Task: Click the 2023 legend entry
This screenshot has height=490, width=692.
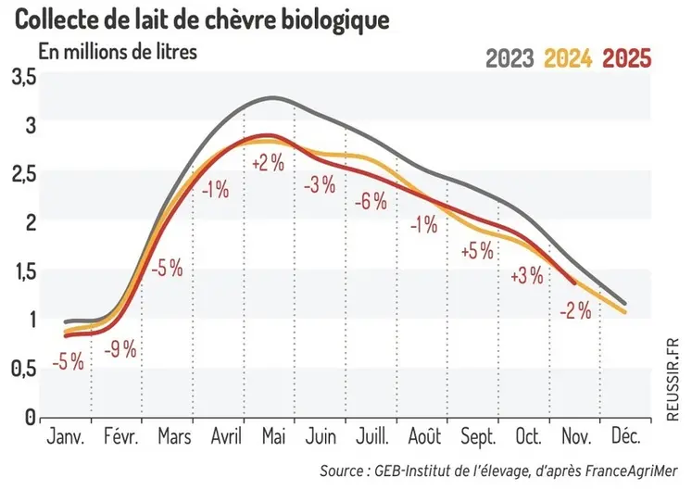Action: [x=510, y=58]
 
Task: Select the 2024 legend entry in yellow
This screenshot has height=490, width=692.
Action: [x=568, y=58]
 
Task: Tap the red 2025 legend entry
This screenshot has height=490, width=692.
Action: [x=627, y=58]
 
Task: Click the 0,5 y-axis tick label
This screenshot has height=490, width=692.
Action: [x=23, y=368]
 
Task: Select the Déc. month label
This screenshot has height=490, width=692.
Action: [x=629, y=437]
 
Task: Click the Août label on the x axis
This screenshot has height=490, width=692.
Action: [x=423, y=437]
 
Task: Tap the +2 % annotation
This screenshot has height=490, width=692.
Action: [x=270, y=163]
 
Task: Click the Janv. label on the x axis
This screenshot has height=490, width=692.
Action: [x=65, y=437]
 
